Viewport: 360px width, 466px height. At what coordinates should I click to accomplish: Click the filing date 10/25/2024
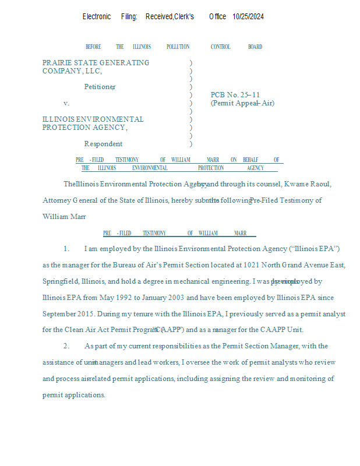pos(248,17)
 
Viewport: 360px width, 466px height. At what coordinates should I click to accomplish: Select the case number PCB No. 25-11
pos(235,95)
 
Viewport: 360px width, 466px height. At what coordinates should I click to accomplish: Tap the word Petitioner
pos(100,87)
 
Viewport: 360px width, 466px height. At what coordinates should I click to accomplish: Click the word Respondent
pos(103,144)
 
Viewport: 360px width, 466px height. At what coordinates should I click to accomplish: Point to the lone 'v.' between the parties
pos(66,103)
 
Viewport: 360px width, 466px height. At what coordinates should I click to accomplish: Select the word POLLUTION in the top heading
pos(178,47)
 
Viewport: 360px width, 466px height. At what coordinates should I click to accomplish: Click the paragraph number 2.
pos(66,346)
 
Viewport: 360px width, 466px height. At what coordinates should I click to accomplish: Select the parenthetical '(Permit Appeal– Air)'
pos(242,104)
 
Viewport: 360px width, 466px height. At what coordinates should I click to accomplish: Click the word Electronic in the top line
pos(97,17)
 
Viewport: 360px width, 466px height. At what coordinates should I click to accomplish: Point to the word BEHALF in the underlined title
pos(251,160)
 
